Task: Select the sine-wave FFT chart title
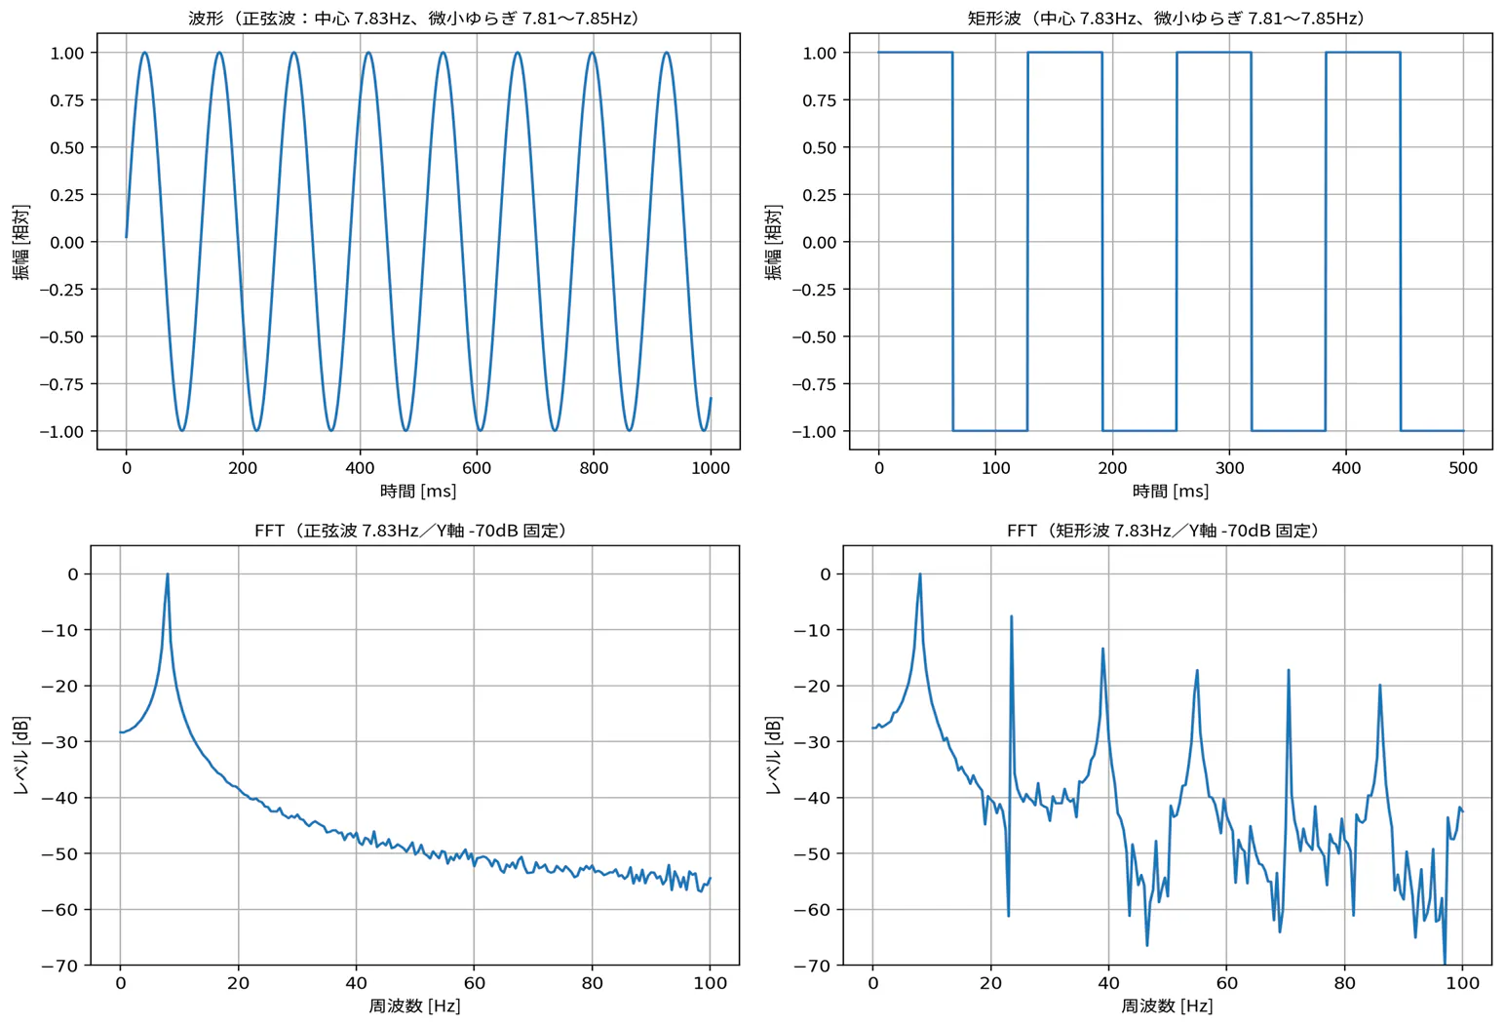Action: pos(413,531)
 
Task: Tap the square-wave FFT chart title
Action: pos(1166,531)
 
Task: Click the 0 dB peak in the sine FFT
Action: pos(168,574)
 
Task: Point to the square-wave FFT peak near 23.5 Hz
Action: pos(1011,616)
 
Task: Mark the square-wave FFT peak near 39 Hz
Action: pos(1102,649)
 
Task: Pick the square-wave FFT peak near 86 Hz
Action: pos(1379,686)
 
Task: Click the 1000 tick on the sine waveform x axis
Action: pos(711,468)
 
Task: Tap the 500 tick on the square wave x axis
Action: pos(1463,468)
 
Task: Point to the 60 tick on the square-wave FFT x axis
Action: pos(1226,983)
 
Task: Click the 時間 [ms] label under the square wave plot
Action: pos(1170,491)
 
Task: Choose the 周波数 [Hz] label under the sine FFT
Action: pos(414,1006)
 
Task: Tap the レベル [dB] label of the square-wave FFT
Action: pos(774,755)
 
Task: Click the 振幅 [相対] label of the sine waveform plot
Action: pos(21,242)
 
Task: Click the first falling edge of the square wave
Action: pos(952,242)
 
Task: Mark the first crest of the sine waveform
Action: pos(144,53)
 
